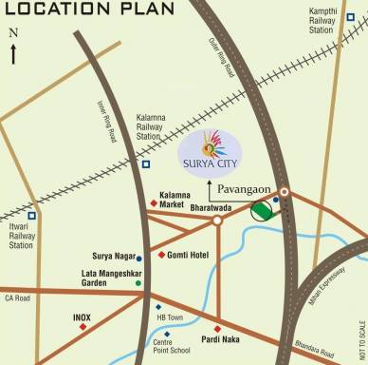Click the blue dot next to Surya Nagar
point(139,258)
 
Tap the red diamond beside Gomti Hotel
point(161,255)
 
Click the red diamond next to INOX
point(83,326)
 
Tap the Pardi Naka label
point(220,337)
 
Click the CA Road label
point(18,298)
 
